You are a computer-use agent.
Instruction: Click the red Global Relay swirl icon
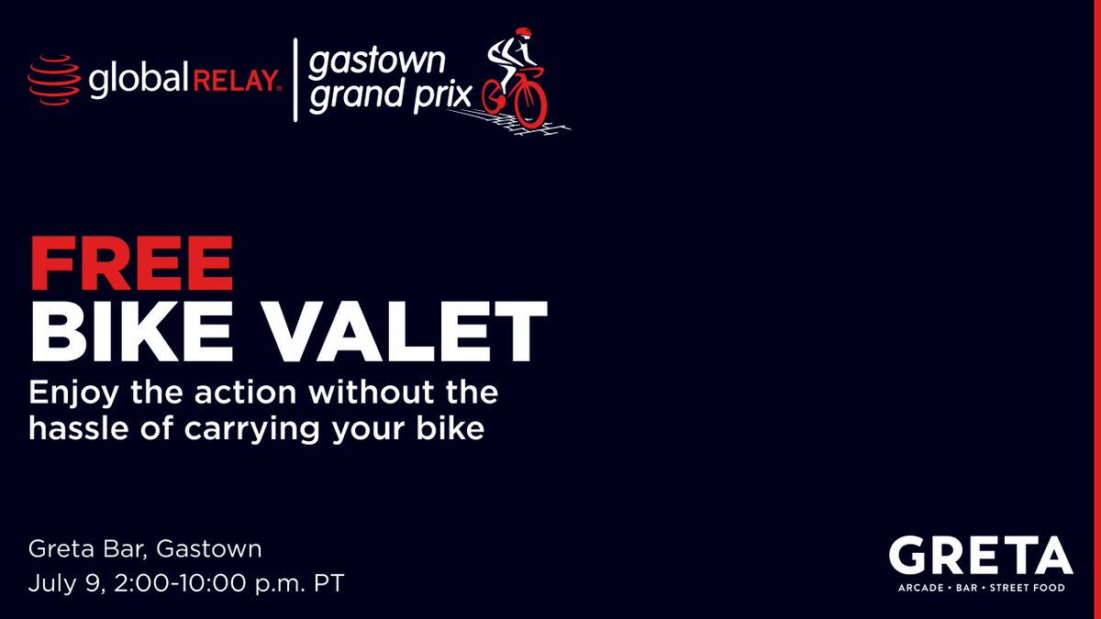click(x=54, y=81)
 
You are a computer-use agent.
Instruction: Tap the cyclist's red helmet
click(x=522, y=33)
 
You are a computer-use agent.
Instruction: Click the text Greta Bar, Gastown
click(x=145, y=549)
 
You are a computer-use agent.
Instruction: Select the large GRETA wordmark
click(x=979, y=556)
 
